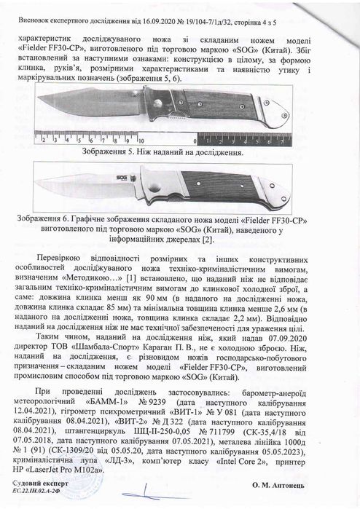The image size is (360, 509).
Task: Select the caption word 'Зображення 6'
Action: click(53, 217)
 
